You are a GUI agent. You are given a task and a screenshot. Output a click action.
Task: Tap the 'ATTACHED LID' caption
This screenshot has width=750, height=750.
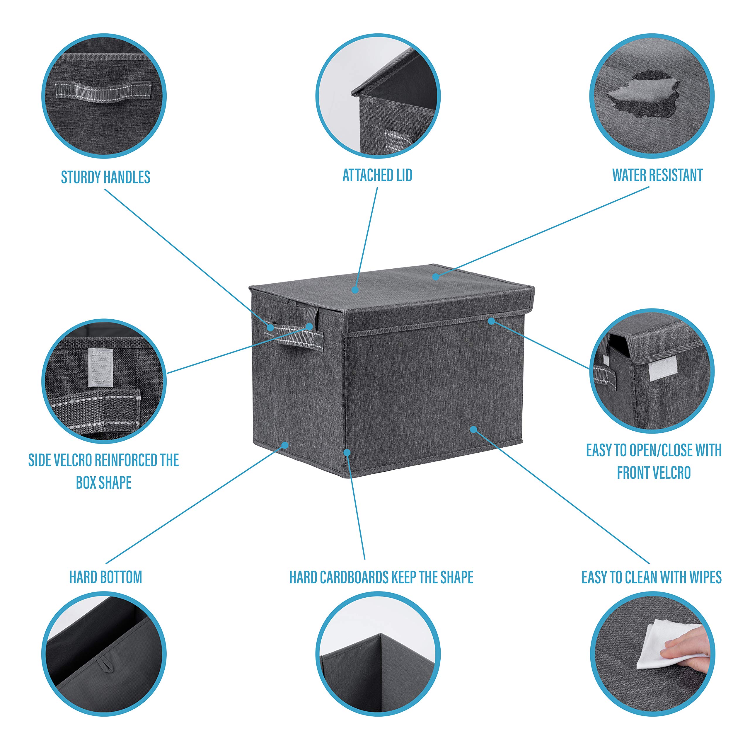[377, 175]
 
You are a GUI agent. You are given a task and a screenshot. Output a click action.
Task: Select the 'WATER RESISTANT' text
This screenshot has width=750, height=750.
[657, 175]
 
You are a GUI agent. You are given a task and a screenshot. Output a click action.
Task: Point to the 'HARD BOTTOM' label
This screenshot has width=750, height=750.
[105, 577]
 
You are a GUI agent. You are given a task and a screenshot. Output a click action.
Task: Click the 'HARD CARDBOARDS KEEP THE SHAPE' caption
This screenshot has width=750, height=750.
[381, 577]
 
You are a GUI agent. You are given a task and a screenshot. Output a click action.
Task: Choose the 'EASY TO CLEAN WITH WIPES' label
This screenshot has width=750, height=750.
[651, 577]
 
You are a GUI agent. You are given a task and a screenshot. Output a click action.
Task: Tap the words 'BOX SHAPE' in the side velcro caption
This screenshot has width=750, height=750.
[104, 483]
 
